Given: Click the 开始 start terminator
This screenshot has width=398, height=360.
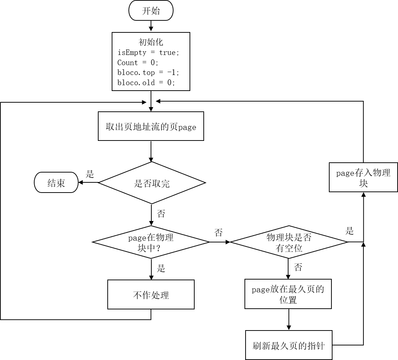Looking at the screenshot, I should [151, 11].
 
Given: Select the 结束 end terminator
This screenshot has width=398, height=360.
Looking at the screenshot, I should [56, 183].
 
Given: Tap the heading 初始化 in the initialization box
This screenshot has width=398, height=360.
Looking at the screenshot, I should [151, 42].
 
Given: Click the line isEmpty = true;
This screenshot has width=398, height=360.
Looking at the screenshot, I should [148, 52].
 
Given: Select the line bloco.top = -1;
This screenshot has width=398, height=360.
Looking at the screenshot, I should [148, 72].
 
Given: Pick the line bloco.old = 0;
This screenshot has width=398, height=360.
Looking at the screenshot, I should [146, 83].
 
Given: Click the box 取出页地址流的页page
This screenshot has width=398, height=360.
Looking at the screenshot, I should [151, 126].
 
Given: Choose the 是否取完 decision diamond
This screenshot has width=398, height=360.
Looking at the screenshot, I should [152, 183].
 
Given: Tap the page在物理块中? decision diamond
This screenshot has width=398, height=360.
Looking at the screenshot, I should [151, 242].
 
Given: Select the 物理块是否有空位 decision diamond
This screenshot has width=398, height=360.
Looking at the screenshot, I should [289, 242].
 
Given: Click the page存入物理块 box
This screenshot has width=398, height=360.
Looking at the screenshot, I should [363, 177].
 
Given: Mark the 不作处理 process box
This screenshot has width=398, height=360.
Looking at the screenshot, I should [151, 294].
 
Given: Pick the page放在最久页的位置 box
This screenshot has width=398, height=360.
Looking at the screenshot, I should [288, 294].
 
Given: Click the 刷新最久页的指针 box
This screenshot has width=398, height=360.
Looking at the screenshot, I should [288, 345].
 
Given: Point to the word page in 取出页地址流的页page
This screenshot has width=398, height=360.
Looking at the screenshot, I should [187, 127].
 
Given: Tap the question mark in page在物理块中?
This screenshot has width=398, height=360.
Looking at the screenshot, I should [159, 249].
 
